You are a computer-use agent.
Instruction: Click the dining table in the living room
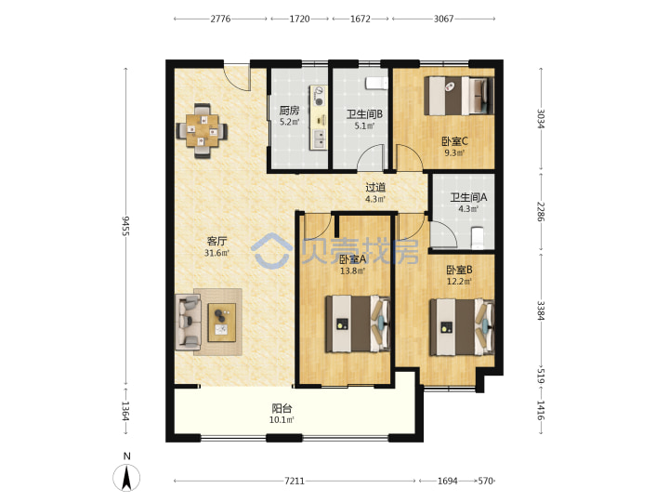tap(202, 130)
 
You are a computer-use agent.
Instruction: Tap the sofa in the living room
tap(188, 323)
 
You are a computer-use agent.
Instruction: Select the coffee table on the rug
tap(221, 323)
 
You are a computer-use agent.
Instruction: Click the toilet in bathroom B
tap(376, 83)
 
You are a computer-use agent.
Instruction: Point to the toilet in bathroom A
tap(478, 238)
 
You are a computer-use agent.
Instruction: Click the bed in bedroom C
tap(459, 96)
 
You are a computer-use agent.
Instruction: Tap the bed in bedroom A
tap(358, 324)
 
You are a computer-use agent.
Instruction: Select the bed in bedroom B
tap(462, 327)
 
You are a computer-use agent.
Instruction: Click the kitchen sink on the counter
tap(319, 138)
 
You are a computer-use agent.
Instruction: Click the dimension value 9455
tap(125, 226)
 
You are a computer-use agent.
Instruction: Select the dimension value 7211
tap(295, 482)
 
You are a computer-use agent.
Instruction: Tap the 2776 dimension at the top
tap(220, 19)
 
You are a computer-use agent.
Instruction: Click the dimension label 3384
tap(541, 310)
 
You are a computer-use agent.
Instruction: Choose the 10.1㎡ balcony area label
tap(282, 420)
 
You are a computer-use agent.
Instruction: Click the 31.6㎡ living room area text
tap(216, 253)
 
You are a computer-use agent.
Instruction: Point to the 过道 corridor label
tap(375, 187)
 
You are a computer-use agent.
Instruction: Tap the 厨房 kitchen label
tap(289, 111)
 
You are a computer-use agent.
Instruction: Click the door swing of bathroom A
tap(444, 234)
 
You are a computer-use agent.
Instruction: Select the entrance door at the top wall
tap(237, 77)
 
